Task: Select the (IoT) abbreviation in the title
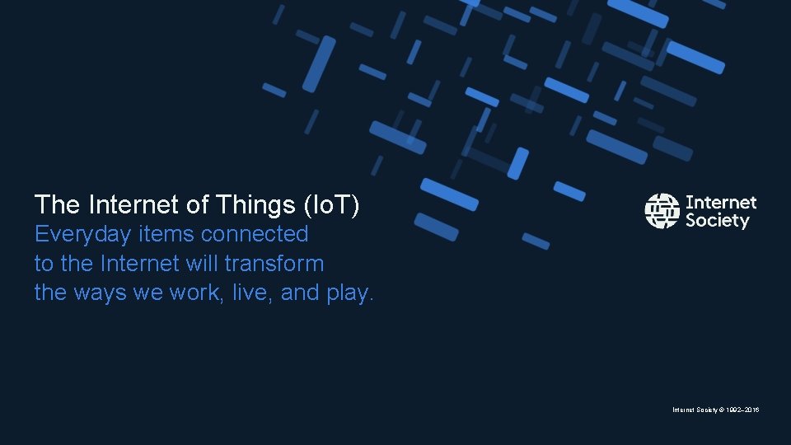[x=332, y=204]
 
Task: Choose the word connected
[x=255, y=234]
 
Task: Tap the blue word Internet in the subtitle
[x=137, y=264]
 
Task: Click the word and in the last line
[x=300, y=293]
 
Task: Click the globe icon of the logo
[x=662, y=211]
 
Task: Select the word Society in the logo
[x=717, y=221]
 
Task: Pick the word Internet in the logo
[x=720, y=202]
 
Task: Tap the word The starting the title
[x=57, y=204]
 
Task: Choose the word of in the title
[x=200, y=204]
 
